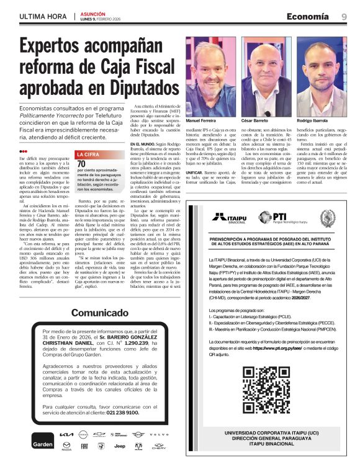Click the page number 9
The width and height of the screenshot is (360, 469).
point(344,17)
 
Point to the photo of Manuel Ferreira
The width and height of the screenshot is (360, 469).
point(206,76)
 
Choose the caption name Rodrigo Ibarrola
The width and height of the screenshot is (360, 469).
point(312,120)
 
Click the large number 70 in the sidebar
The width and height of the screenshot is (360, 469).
point(80,163)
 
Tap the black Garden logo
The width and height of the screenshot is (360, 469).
point(43,444)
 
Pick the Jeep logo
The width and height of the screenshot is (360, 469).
point(120,446)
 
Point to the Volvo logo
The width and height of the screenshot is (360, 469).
point(160,435)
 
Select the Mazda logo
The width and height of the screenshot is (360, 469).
point(66,446)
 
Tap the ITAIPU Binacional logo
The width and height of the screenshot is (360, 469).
point(228,218)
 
